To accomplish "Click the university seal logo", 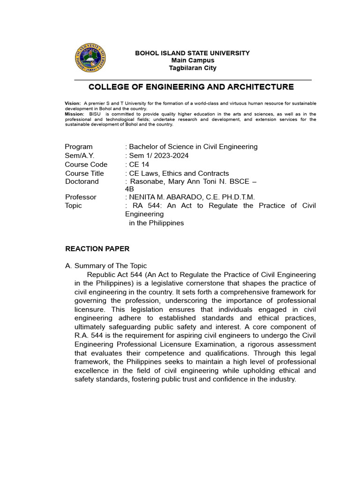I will click(90, 58).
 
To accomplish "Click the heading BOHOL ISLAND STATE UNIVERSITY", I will click(192, 53).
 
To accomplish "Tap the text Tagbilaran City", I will click(193, 68).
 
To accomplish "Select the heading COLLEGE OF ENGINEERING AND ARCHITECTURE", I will click(191, 87).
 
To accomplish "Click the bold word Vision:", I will click(73, 103).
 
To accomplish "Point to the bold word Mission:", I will click(75, 114).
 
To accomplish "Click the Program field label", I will click(79, 147).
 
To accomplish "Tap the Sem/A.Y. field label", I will click(80, 156).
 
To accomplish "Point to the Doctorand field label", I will click(82, 181).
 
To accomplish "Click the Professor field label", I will click(81, 197).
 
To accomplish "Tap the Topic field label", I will click(74, 206).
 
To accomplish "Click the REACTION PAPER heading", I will click(97, 249).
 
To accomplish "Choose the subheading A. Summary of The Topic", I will click(106, 266).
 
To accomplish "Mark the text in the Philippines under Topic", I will click(157, 223).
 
